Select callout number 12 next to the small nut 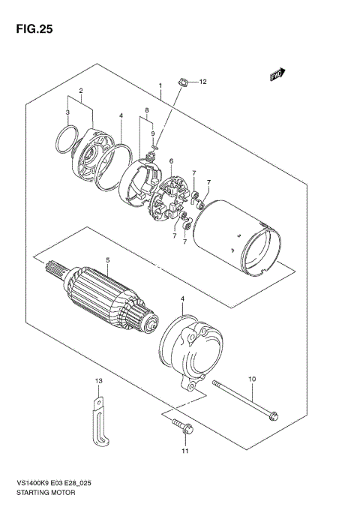tap(202, 81)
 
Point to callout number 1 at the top tap(160, 86)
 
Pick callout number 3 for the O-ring tap(67, 112)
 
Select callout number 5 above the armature tap(107, 260)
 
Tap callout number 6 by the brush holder tap(171, 161)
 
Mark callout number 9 tap(153, 133)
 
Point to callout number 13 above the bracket tap(97, 382)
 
